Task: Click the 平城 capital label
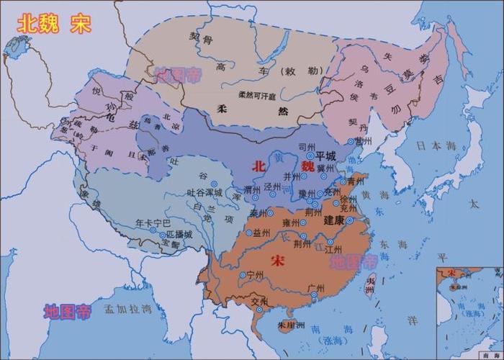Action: point(326,156)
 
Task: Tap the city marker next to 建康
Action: point(349,220)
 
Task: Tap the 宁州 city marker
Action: point(242,274)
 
